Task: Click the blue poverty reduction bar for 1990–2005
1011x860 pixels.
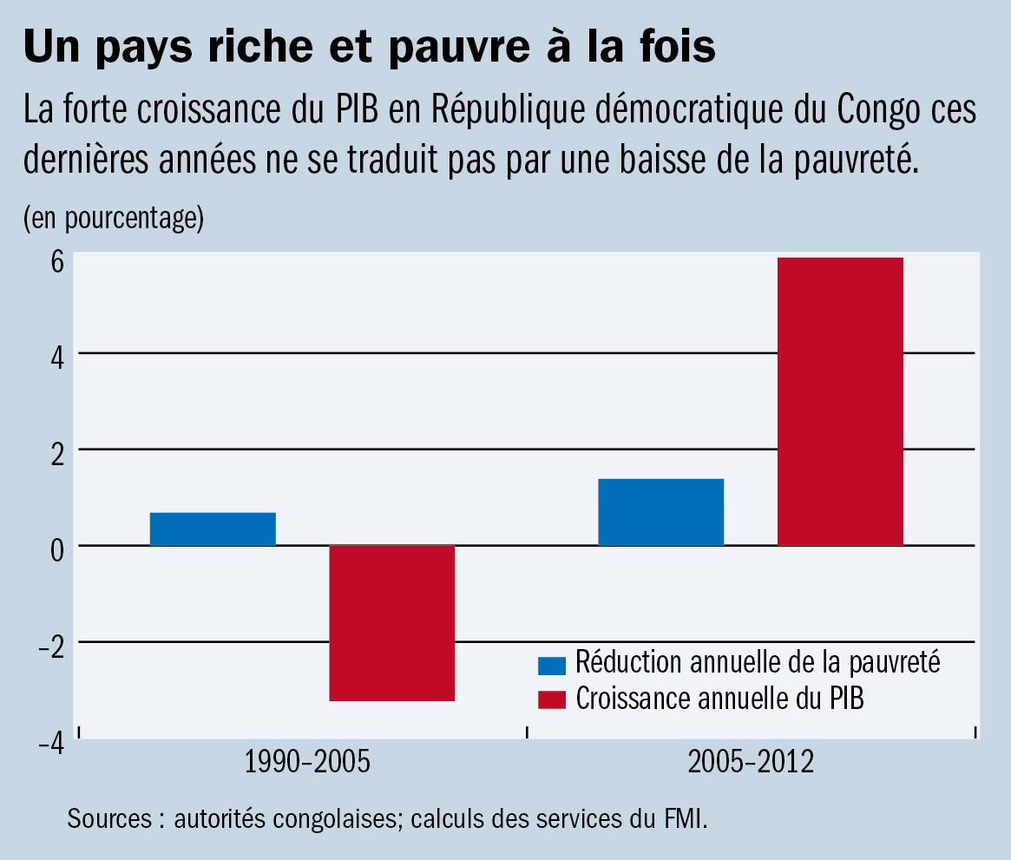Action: [x=213, y=528]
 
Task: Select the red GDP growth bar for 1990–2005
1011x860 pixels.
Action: [x=392, y=622]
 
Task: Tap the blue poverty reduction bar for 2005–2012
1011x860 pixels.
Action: [x=661, y=511]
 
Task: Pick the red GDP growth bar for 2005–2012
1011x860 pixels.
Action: [x=840, y=401]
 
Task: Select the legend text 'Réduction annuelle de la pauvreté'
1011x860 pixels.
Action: [x=758, y=663]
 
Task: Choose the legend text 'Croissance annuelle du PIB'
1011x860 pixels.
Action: [x=720, y=698]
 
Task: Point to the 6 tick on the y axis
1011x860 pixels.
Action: [x=56, y=261]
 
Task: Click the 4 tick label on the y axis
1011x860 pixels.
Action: [x=56, y=357]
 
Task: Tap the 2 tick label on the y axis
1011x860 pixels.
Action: [x=56, y=453]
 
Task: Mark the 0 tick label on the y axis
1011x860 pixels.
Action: [x=56, y=549]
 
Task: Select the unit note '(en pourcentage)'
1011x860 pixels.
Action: [x=114, y=218]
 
